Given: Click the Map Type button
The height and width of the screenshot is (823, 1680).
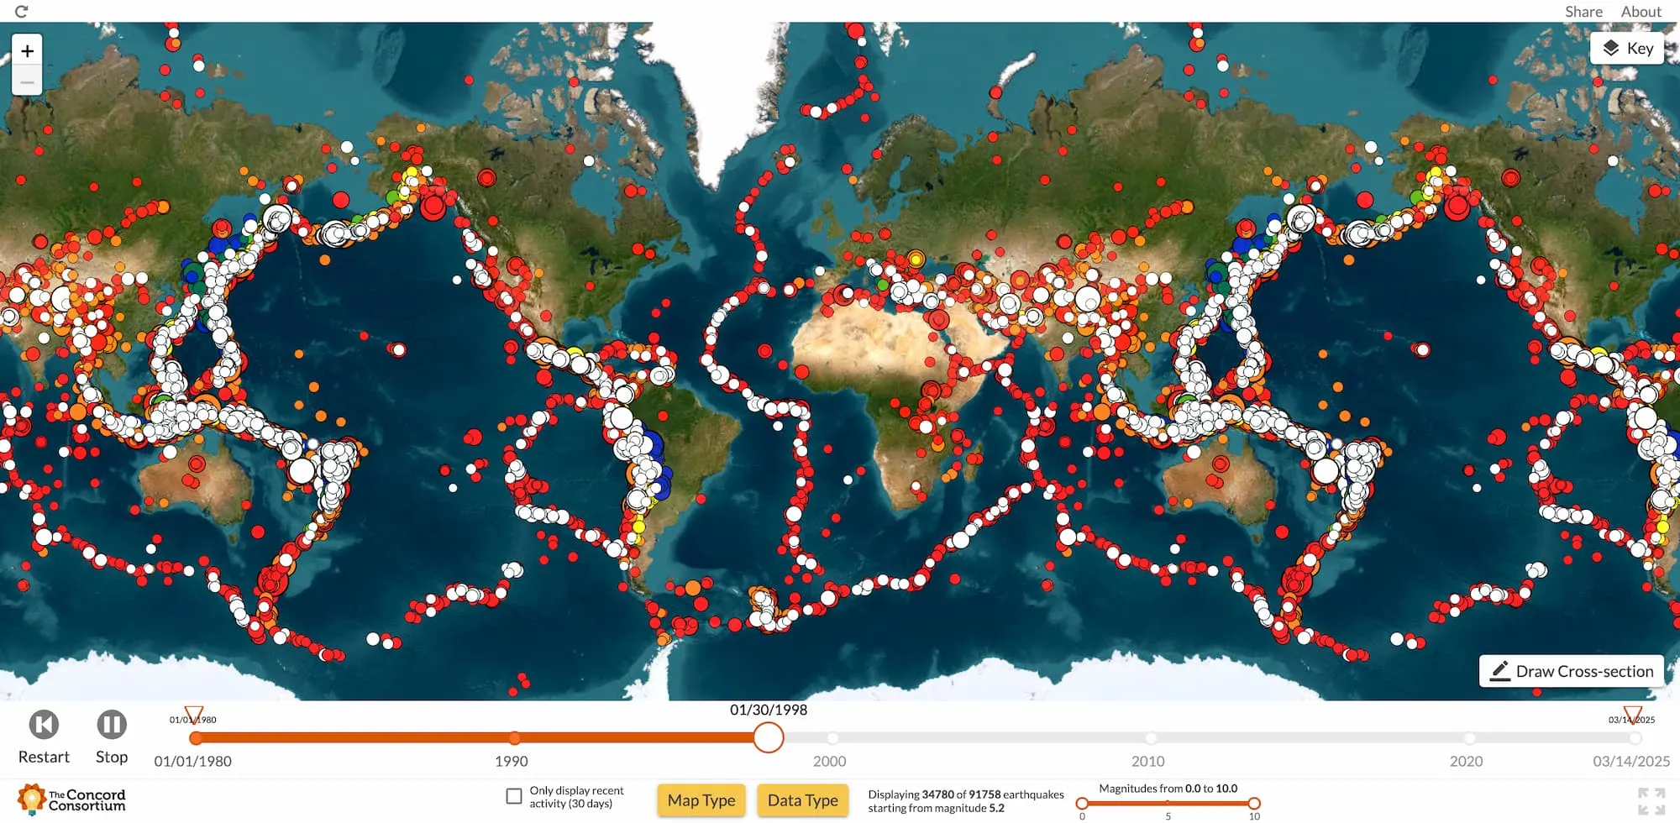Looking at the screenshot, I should (701, 800).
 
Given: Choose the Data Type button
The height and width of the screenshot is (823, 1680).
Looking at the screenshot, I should (802, 800).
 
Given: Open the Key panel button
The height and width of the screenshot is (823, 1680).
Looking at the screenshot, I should (1627, 49).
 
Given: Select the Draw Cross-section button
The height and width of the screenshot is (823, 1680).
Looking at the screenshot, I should (1571, 671).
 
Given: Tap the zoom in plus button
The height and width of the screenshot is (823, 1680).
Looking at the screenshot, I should (27, 51).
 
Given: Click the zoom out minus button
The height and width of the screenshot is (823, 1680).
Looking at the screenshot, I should (27, 81).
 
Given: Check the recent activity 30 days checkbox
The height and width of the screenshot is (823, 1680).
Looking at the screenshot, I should (514, 796).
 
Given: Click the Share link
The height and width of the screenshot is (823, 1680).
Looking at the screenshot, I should (1583, 12).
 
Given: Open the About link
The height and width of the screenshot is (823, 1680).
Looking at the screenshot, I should (1641, 12).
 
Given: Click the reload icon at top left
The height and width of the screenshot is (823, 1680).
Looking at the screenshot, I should (22, 12).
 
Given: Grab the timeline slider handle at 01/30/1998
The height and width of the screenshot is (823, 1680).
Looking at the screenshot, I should (768, 737).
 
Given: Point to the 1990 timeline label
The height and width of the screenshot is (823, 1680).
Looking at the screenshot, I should (511, 761).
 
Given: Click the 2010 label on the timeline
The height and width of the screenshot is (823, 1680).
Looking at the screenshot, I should (1147, 761).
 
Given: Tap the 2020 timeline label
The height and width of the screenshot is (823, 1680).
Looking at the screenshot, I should (1466, 761).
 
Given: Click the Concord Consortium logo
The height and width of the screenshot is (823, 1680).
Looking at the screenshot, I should (72, 799).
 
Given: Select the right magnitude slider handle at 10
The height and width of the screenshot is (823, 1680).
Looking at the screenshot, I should (1253, 804).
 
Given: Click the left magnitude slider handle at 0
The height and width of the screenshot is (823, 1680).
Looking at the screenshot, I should (1082, 804).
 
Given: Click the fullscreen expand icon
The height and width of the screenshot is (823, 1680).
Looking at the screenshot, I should (1651, 801).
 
